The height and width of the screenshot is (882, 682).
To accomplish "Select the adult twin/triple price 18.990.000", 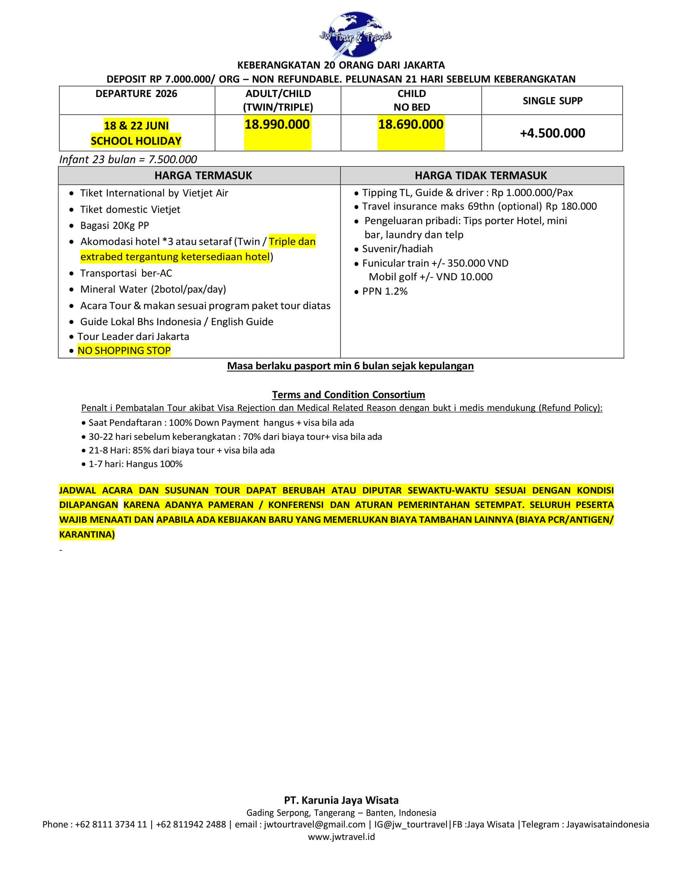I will click(x=277, y=124).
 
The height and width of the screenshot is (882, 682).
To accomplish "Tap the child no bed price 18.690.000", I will click(x=410, y=124).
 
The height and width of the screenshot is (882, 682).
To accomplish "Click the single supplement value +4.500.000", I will click(x=552, y=133).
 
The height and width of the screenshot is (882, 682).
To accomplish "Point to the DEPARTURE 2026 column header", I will click(x=136, y=94).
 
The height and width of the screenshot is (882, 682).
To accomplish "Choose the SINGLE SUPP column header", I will click(x=552, y=101).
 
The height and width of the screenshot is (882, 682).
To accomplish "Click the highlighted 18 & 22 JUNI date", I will click(x=136, y=125).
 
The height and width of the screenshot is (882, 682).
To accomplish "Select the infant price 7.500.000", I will click(x=173, y=160).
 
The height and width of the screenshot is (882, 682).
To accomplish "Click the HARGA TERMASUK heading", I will click(x=203, y=176).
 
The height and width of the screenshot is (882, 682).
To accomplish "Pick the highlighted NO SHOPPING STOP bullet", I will click(x=124, y=350).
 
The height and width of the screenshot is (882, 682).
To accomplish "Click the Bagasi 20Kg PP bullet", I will click(x=114, y=225).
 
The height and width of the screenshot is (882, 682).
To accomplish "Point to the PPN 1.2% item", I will click(x=385, y=291).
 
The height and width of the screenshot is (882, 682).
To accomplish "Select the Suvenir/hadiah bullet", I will click(x=397, y=249).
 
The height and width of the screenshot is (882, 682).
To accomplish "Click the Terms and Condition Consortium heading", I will click(x=348, y=394).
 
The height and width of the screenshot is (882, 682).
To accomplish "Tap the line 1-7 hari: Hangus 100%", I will click(x=135, y=464).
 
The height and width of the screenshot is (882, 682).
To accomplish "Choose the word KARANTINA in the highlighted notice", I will click(x=87, y=534).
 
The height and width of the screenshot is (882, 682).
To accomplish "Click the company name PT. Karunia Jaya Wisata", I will click(x=341, y=800).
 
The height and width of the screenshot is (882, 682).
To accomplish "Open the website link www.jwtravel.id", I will click(x=341, y=836).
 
